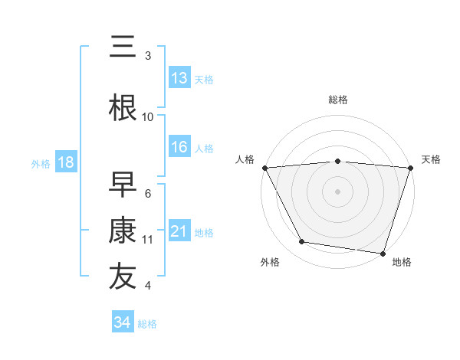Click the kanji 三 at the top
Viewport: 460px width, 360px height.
click(x=123, y=47)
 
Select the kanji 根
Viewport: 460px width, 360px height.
click(x=123, y=106)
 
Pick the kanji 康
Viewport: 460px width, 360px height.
click(x=123, y=230)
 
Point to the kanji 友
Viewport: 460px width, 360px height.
click(x=123, y=277)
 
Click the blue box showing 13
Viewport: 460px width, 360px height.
click(x=179, y=77)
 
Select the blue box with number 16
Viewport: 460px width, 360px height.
click(x=179, y=147)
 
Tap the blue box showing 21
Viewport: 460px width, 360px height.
click(x=179, y=231)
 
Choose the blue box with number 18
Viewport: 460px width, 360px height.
click(x=65, y=162)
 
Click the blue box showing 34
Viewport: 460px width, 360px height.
click(x=122, y=322)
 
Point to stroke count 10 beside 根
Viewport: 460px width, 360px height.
click(x=148, y=116)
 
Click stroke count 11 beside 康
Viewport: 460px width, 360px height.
click(x=148, y=239)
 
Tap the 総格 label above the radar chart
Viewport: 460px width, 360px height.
click(x=338, y=100)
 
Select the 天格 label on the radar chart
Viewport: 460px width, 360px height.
click(x=432, y=159)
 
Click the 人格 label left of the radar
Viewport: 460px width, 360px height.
click(x=245, y=159)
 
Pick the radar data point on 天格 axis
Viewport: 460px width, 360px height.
click(x=410, y=167)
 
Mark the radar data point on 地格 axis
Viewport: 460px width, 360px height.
click(x=383, y=253)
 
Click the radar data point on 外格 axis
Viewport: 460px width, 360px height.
click(x=302, y=242)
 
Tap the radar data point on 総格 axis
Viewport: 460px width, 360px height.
click(x=338, y=161)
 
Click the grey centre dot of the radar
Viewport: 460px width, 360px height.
click(x=338, y=191)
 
